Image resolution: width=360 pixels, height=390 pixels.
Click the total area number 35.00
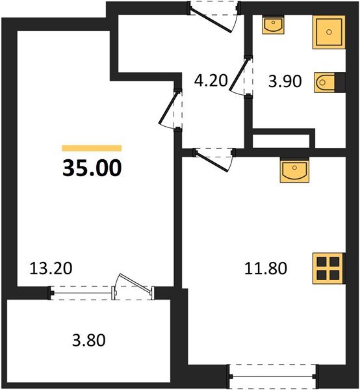[91, 168]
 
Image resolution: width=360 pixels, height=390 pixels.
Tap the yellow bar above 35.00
[91, 148]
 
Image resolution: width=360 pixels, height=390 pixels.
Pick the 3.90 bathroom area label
[284, 82]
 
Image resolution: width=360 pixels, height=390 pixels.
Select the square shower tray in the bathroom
[329, 31]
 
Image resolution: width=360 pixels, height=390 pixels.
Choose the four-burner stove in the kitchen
[327, 266]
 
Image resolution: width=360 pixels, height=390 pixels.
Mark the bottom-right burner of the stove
[333, 274]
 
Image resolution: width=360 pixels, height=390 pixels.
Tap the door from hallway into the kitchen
[214, 159]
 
